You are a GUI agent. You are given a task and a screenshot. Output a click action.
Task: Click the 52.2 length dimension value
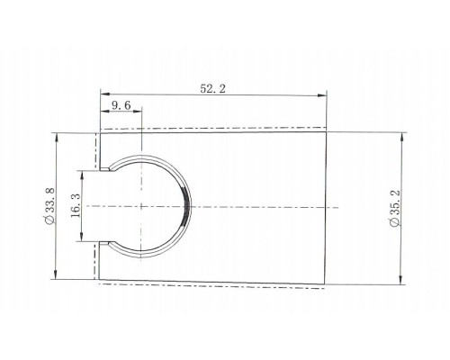pyautogui.click(x=212, y=89)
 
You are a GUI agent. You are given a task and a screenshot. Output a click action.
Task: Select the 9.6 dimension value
pyautogui.click(x=121, y=105)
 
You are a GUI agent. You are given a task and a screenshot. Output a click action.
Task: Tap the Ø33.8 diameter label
pyautogui.click(x=49, y=206)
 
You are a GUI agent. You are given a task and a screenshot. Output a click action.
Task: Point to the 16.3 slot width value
pyautogui.click(x=76, y=206)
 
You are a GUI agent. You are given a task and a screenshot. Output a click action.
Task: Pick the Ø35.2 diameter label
pyautogui.click(x=394, y=208)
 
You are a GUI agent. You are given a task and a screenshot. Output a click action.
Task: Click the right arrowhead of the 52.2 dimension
pyautogui.click(x=322, y=95)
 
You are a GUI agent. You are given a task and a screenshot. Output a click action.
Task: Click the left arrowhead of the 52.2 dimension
pyautogui.click(x=105, y=94)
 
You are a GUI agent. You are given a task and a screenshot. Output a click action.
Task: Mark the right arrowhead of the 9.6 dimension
pyautogui.click(x=137, y=112)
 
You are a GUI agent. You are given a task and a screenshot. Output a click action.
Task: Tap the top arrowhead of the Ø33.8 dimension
pyautogui.click(x=57, y=138)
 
